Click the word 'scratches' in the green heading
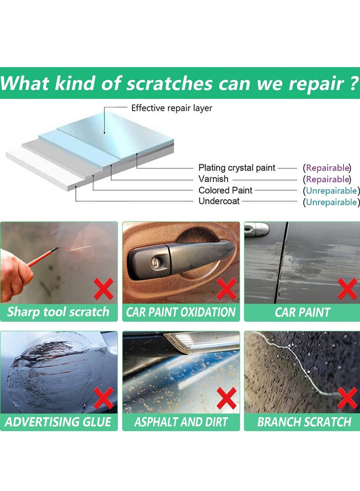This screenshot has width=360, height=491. [168, 84]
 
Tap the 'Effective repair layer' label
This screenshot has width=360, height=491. [171, 108]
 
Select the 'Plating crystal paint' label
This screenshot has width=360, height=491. [237, 168]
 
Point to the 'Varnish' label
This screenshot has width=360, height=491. [213, 179]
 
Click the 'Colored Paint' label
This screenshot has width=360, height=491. [225, 190]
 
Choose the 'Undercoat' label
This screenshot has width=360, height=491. [219, 202]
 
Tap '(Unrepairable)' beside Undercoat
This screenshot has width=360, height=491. [331, 202]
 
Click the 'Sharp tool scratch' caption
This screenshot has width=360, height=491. [58, 312]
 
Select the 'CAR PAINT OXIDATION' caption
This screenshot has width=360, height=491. [181, 312]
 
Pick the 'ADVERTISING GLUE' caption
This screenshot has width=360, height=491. [58, 422]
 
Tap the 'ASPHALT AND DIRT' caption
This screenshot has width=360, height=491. [181, 422]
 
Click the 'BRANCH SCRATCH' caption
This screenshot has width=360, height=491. [304, 422]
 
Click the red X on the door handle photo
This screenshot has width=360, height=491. [226, 289]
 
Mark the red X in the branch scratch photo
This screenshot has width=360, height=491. [348, 398]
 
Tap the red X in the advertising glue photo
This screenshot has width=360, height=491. [104, 398]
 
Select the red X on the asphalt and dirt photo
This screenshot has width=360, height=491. [226, 398]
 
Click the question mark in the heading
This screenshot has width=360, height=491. [354, 83]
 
